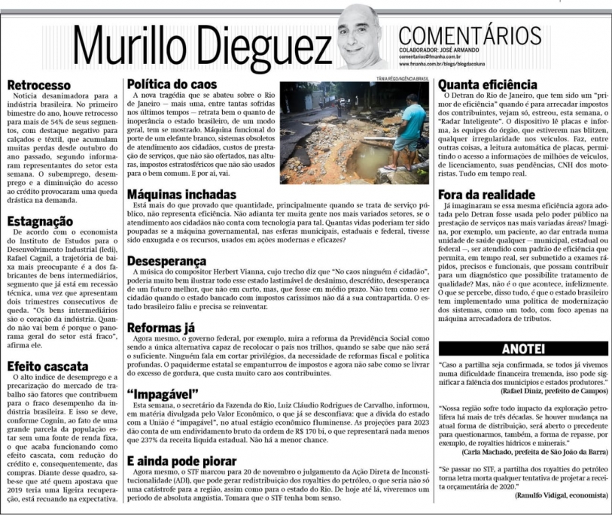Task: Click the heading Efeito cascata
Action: [x=48, y=366]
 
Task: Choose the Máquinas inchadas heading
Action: [x=181, y=195]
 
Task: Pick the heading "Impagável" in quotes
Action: [x=162, y=394]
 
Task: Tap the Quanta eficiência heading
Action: [x=487, y=85]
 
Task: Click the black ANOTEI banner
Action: [x=524, y=347]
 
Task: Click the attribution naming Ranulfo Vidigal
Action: [x=561, y=496]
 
